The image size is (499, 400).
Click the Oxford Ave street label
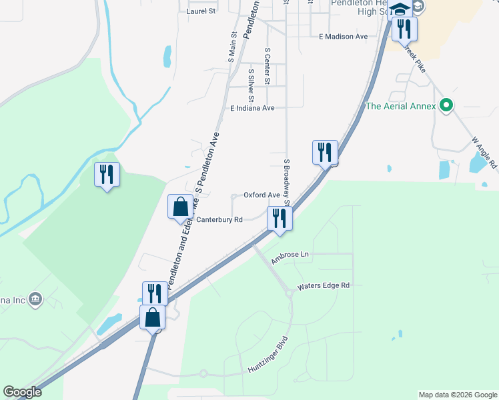point(262,195)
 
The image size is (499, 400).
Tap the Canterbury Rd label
point(219,219)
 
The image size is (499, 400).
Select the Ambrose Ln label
point(291,255)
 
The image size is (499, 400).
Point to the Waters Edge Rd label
point(323,285)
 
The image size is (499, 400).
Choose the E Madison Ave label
point(343,37)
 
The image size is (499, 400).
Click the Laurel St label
point(202,11)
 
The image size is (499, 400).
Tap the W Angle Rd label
point(484,153)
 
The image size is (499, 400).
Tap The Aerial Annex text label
point(400,106)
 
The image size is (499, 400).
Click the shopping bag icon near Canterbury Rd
point(180,207)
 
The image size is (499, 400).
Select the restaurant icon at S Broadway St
point(280,218)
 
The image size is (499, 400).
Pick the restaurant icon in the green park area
point(107,175)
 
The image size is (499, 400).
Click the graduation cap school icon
point(400,9)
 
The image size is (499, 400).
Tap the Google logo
point(22,392)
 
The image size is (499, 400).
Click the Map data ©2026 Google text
point(457,395)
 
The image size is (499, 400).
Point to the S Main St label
point(233,47)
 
